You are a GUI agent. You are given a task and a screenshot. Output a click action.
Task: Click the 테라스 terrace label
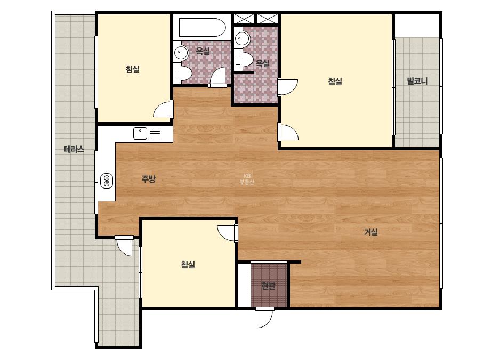click(74, 149)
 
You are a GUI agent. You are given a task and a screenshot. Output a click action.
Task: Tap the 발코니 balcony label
click(417, 81)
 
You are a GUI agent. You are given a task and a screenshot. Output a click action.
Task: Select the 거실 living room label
click(371, 232)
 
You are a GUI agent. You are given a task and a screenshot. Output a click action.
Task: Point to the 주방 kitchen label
click(148, 179)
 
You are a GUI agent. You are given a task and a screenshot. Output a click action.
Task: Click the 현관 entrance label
click(268, 286)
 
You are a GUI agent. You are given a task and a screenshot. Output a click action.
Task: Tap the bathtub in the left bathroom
click(203, 28)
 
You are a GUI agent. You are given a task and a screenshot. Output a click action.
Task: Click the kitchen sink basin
click(140, 133)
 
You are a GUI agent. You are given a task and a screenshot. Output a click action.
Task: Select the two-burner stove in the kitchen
click(107, 181)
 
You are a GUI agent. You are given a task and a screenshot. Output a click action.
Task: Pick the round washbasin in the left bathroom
click(181, 52)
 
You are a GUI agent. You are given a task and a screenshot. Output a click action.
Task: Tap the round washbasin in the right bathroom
click(242, 39)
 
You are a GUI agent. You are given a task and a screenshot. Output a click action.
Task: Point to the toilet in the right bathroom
click(244, 60)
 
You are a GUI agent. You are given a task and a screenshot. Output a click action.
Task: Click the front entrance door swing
click(264, 317)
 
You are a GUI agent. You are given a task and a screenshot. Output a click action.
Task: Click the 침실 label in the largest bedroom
click(335, 81)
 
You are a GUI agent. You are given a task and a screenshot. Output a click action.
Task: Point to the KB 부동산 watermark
click(247, 179)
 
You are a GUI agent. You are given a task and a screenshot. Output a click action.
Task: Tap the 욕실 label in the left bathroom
click(203, 51)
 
